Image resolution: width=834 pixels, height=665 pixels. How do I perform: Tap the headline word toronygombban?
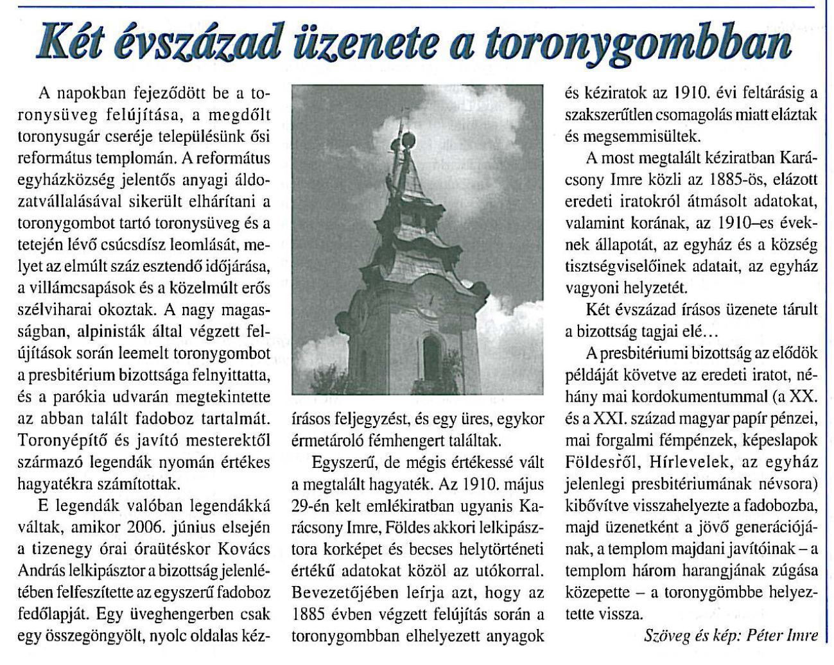coord(635,44)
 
